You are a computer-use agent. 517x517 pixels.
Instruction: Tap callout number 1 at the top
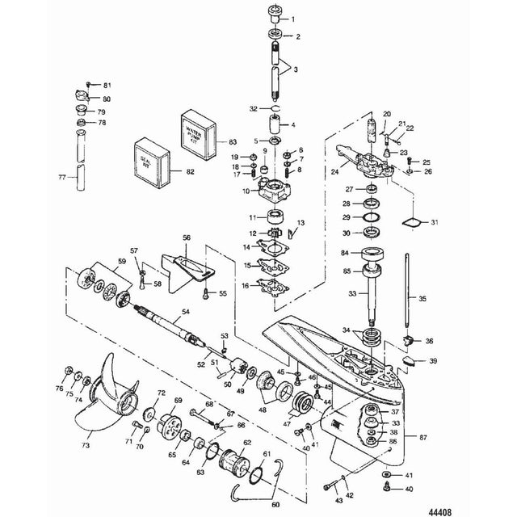292,19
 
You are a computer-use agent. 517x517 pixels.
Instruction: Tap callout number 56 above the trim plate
186,238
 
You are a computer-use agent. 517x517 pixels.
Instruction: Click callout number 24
335,171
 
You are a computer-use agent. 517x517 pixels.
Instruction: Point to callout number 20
387,113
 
